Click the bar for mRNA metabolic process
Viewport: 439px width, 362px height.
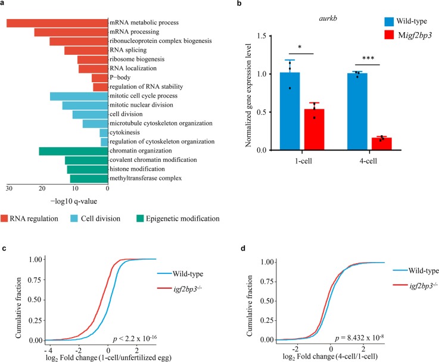57,23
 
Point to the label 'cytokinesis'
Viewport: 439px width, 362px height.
126,133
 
